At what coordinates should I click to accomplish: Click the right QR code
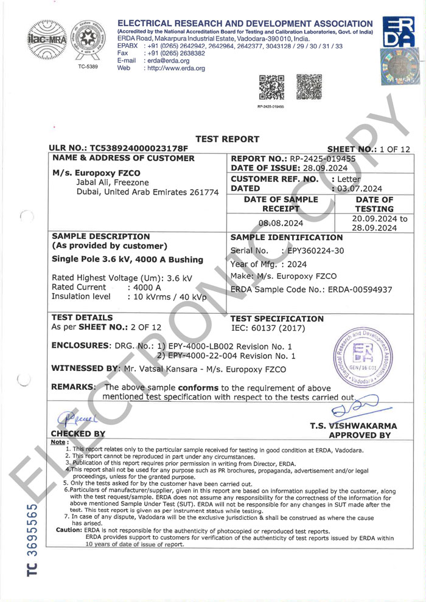[309, 87]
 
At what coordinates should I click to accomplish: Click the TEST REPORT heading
[227, 139]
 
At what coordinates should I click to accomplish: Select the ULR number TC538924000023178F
[141, 148]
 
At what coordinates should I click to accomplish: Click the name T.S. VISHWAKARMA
[353, 426]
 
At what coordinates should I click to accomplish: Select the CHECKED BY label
[79, 434]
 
